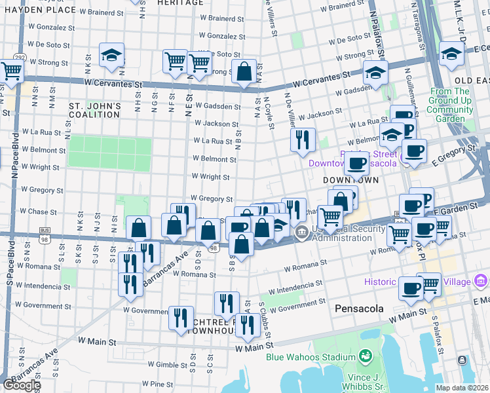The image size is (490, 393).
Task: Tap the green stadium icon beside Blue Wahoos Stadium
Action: (x=366, y=358)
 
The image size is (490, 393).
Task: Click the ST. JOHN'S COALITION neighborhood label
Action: (x=96, y=110)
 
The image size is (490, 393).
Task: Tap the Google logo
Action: (x=21, y=385)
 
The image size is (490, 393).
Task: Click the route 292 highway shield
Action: (x=21, y=58)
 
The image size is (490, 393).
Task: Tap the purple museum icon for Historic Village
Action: (x=481, y=282)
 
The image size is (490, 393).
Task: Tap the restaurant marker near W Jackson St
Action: (x=302, y=140)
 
